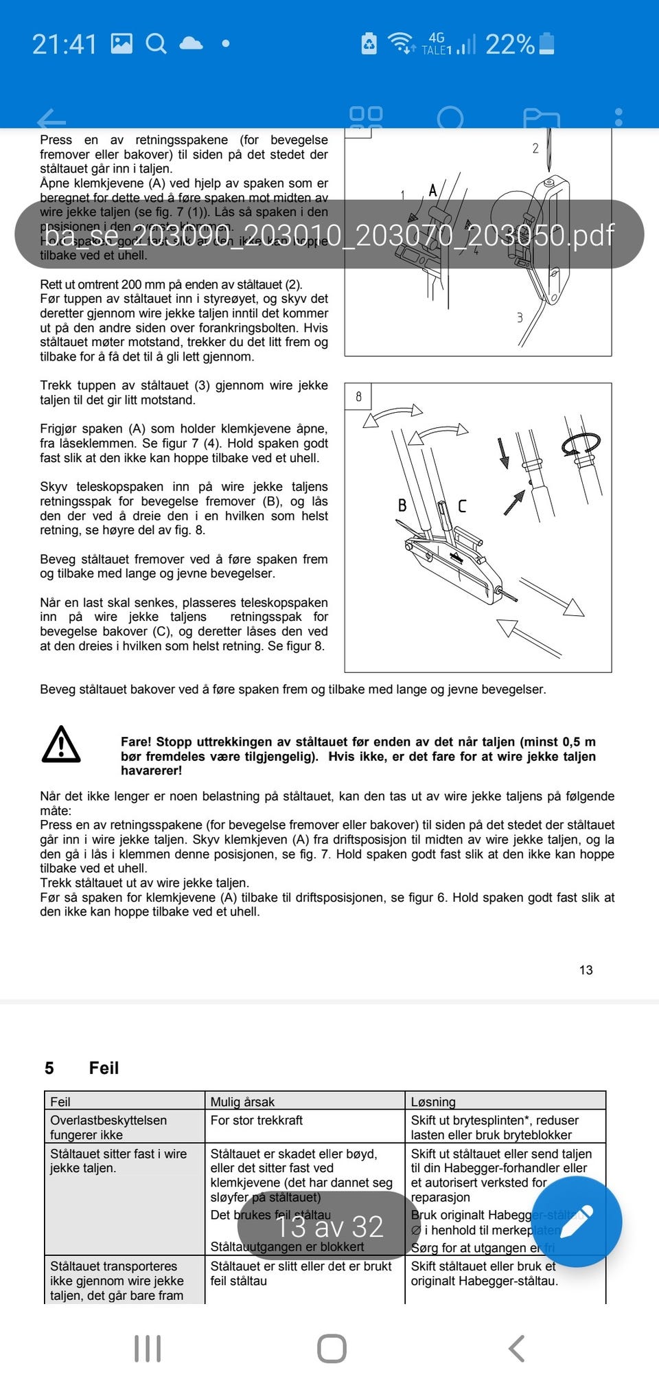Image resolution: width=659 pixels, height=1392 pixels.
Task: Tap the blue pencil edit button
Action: [x=576, y=1222]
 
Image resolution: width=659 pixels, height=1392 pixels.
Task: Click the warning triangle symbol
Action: [x=61, y=744]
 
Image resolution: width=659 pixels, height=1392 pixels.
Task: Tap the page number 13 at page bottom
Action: [x=586, y=970]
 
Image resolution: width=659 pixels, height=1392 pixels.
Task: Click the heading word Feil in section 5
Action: [x=104, y=1068]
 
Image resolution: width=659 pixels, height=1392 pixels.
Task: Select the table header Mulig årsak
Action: [x=242, y=1102]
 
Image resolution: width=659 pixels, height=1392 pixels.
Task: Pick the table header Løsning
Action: [x=432, y=1102]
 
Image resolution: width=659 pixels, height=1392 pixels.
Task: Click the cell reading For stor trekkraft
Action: [x=256, y=1120]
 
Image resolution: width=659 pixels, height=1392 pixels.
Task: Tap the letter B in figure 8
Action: [x=402, y=505]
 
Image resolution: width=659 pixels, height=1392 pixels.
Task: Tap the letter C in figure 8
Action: [x=462, y=506]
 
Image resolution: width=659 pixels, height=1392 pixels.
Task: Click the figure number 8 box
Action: [x=358, y=396]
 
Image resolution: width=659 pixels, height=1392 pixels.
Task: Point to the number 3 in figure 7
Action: [x=520, y=317]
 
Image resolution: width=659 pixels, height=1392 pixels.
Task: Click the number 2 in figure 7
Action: [x=535, y=148]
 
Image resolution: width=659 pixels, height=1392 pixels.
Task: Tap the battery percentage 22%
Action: [x=509, y=45]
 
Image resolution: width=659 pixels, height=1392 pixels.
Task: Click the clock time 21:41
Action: [x=65, y=45]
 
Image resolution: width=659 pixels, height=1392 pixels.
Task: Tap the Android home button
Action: [x=332, y=1348]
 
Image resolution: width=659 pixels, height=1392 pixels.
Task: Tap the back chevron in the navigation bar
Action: [x=517, y=1348]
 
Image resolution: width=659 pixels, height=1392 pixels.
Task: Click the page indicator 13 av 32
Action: [x=329, y=1226]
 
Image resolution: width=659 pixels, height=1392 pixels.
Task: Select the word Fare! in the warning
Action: [x=136, y=742]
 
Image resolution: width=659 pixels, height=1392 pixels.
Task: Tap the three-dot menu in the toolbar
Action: [x=618, y=117]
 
